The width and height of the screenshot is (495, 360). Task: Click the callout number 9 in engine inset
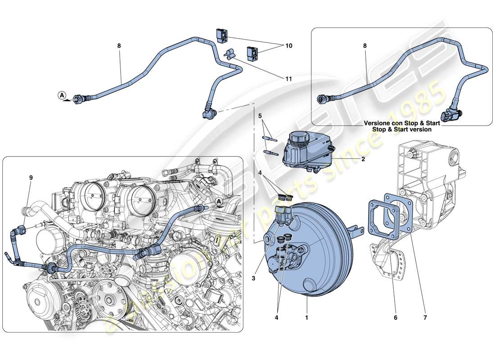(31, 177)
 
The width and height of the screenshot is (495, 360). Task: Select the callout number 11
(288, 79)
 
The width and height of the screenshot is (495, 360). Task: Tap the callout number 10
(288, 46)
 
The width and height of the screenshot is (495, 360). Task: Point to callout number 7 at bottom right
(425, 318)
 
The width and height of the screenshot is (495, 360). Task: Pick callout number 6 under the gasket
(396, 318)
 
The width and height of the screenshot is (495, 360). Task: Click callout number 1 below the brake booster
(307, 318)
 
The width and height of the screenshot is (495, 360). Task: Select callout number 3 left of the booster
(254, 279)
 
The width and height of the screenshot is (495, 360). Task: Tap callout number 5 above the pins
(259, 116)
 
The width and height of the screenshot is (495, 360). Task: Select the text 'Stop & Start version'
(401, 130)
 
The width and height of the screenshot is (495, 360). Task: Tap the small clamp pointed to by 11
(229, 54)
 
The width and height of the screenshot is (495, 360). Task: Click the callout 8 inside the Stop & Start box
(365, 46)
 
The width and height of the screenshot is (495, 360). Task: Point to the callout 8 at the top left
(119, 46)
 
